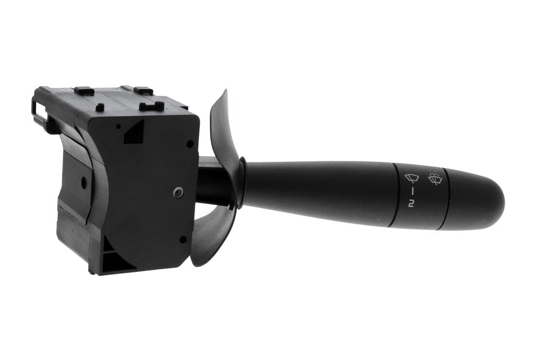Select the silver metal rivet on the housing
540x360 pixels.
(x=178, y=192)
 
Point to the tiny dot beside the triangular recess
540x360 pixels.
(x=118, y=126)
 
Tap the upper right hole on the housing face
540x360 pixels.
(x=190, y=144)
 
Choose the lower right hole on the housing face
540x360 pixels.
(x=183, y=239)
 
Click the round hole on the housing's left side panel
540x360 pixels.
(x=84, y=183)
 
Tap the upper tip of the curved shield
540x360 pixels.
(x=224, y=93)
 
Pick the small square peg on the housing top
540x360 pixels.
(x=100, y=107)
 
